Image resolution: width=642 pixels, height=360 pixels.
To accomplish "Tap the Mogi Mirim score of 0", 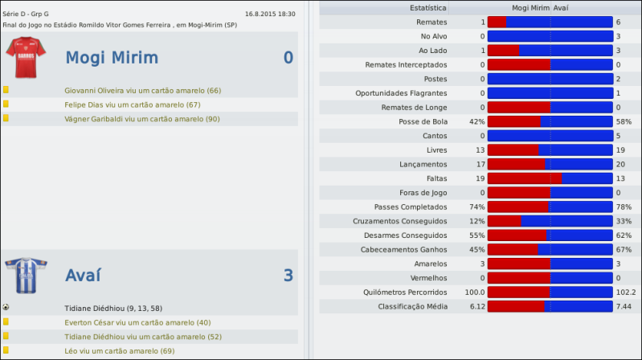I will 288,58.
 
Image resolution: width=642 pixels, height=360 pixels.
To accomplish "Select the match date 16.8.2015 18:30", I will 270,14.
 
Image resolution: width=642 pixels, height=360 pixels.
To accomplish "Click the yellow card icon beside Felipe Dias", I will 6,104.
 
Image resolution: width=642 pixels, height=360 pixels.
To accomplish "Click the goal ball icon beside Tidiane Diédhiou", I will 6,307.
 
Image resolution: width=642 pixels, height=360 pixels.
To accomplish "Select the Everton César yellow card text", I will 137,322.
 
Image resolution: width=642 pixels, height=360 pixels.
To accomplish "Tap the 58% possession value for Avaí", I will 624,121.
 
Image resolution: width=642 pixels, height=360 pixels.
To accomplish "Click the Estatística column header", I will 428,8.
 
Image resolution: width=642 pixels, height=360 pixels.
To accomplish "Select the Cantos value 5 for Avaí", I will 618,136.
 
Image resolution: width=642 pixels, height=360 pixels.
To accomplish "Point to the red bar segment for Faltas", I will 524,178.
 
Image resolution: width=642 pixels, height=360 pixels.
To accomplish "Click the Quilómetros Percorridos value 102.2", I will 625,292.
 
